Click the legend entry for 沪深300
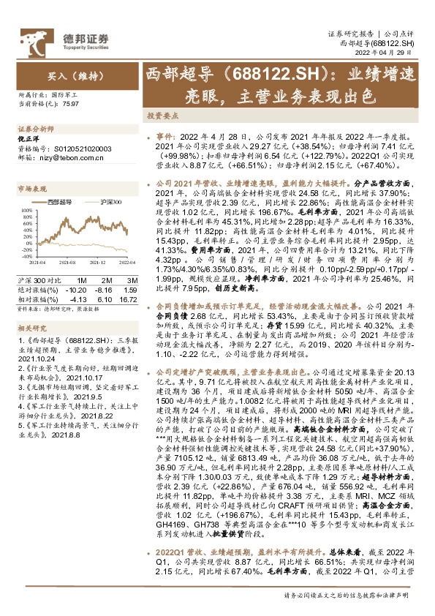(106, 200)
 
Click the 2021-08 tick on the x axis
(67, 271)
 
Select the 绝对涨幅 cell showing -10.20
(78, 290)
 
